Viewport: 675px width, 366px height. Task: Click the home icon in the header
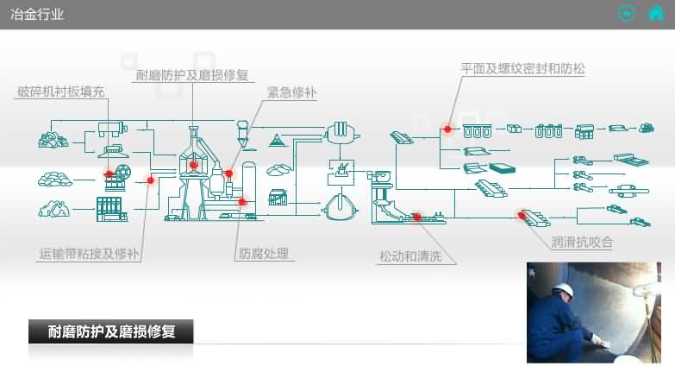click(655, 13)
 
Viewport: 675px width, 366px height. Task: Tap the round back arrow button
click(627, 13)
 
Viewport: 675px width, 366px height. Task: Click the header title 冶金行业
click(36, 14)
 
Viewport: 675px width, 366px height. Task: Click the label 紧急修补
click(290, 92)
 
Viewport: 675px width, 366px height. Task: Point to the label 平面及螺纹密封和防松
click(522, 68)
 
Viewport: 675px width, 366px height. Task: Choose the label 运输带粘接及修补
click(90, 254)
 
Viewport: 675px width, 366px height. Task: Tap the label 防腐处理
click(264, 254)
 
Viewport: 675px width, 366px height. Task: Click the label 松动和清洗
click(417, 256)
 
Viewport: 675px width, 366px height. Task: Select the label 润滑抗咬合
click(582, 243)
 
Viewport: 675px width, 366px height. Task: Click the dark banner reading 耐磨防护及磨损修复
click(111, 331)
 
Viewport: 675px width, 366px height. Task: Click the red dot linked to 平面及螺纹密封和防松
click(447, 129)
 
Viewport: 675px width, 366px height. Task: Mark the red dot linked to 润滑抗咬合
click(522, 214)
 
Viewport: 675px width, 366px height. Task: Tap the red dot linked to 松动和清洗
click(416, 217)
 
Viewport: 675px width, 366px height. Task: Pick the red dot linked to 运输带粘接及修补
click(150, 180)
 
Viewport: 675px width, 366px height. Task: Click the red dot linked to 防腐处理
click(242, 202)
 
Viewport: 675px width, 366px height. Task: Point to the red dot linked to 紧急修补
click(228, 174)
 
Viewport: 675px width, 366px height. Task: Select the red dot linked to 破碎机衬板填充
click(109, 174)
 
